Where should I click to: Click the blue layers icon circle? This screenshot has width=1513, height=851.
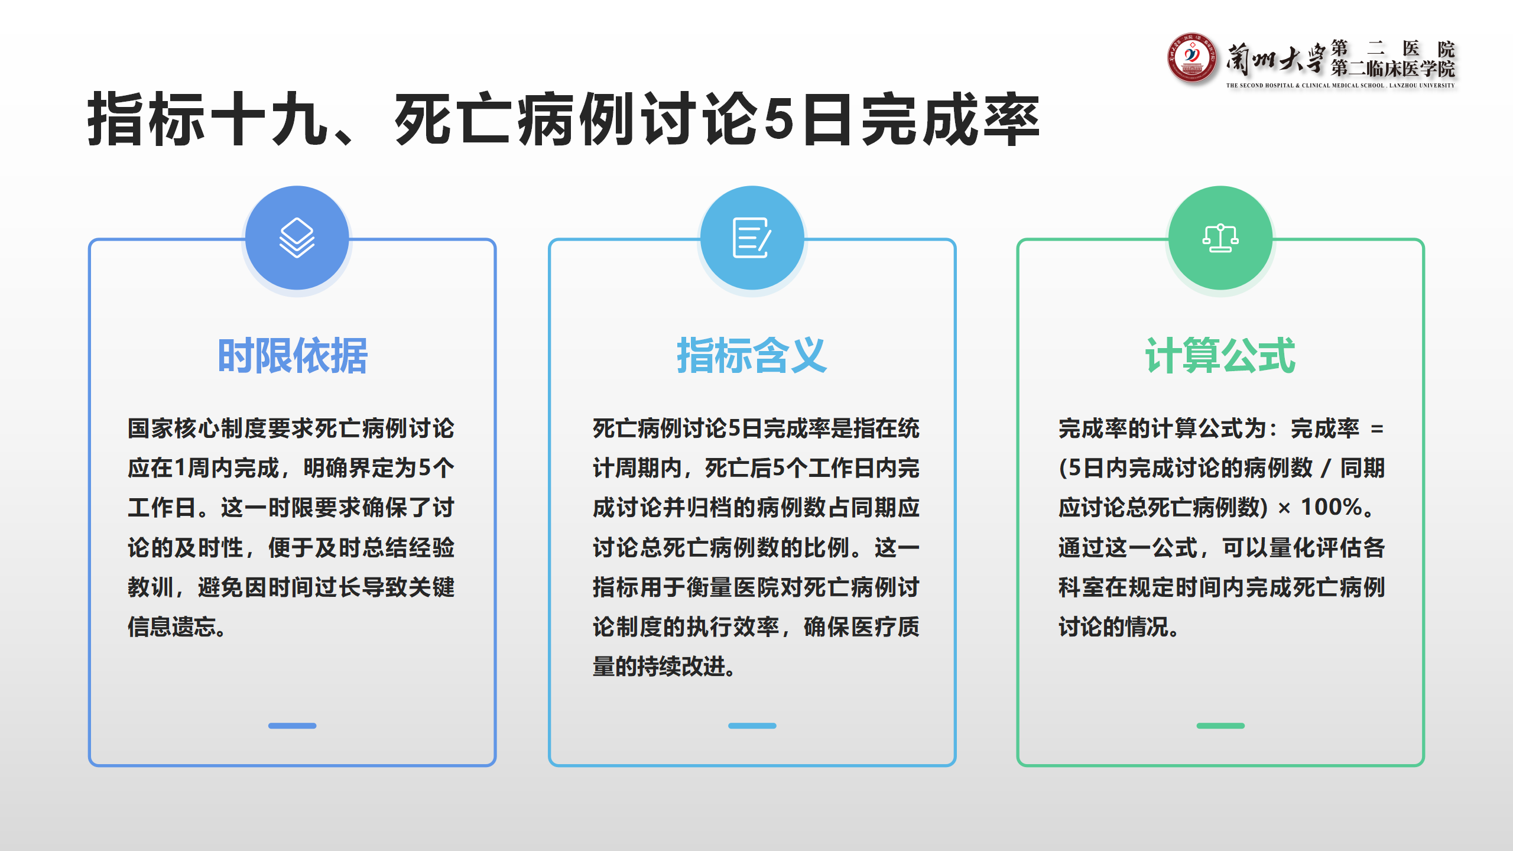click(x=297, y=238)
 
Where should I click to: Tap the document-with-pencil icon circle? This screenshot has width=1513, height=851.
click(x=752, y=238)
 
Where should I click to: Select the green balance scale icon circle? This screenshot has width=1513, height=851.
click(x=1220, y=238)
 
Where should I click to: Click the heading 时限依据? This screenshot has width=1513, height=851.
click(x=293, y=356)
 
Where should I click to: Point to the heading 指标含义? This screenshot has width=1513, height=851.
click(x=752, y=356)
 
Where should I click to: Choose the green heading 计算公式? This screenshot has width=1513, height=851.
click(x=1220, y=356)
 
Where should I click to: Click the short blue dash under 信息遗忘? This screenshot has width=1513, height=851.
click(x=292, y=726)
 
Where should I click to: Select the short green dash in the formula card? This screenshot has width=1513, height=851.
click(x=1220, y=726)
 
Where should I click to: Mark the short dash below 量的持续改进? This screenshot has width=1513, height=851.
click(x=752, y=726)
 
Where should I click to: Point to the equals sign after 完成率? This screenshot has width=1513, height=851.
click(x=1377, y=429)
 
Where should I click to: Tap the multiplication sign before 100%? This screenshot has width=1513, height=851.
click(x=1284, y=508)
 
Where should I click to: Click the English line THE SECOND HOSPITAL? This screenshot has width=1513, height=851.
click(x=1340, y=86)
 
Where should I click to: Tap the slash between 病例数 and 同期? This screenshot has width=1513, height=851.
click(x=1326, y=469)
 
